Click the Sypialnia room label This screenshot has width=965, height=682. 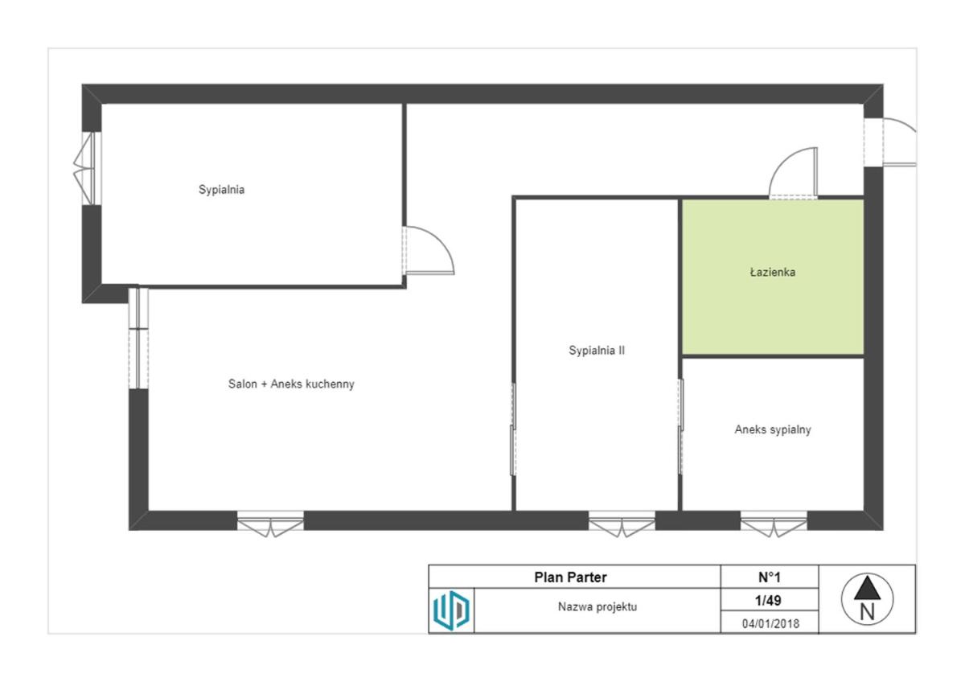click(221, 190)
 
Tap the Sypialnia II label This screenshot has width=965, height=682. click(597, 351)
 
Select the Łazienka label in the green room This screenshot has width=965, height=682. click(773, 272)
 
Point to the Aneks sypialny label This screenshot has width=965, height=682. click(773, 429)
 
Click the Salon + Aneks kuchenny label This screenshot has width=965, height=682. click(291, 384)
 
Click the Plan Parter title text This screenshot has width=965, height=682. click(570, 577)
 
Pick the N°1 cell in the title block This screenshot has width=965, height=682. click(770, 577)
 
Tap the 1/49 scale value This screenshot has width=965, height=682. click(768, 601)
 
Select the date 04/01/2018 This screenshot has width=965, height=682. click(770, 624)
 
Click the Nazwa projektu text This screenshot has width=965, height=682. click(597, 607)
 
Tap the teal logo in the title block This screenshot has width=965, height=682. click(451, 610)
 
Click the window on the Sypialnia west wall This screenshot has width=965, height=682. click(88, 168)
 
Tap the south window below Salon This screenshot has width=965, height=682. click(270, 524)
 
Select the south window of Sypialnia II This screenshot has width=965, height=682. click(622, 524)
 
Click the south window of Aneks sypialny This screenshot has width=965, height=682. click(774, 524)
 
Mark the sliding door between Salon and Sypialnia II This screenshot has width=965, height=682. click(513, 429)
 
